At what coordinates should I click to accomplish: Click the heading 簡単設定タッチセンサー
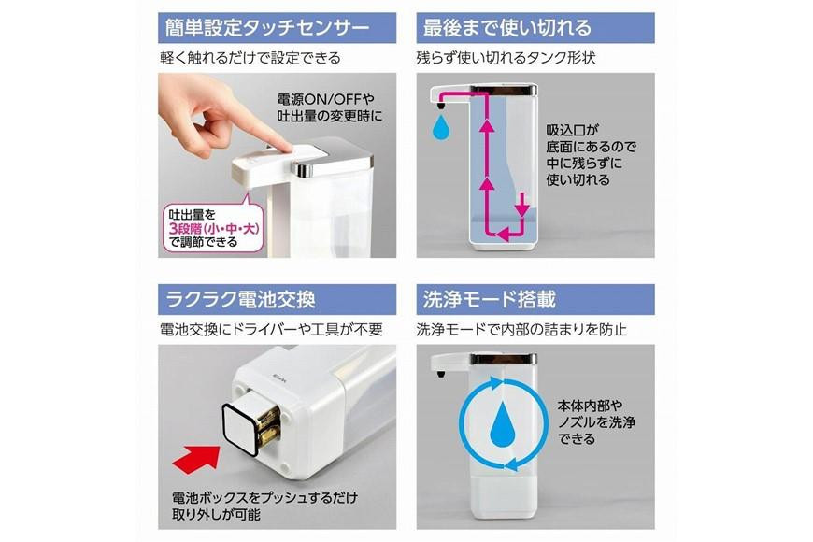click(267, 27)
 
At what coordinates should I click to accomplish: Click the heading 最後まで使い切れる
click(506, 27)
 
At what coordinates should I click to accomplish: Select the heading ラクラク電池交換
click(240, 299)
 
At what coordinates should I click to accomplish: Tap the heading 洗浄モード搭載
click(490, 299)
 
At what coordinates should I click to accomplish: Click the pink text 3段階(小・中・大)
click(214, 228)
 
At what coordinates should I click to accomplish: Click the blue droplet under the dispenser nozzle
click(441, 126)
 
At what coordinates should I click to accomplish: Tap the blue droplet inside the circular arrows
click(505, 422)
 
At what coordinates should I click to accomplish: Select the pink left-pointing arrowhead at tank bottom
click(503, 235)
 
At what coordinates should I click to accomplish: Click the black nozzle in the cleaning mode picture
click(440, 375)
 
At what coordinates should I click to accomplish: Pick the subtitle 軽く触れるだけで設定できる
click(250, 58)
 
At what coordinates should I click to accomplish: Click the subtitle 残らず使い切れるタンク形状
click(506, 58)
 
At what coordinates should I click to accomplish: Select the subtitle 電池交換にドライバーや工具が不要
click(271, 329)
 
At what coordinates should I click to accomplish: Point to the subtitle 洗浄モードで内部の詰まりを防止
click(521, 329)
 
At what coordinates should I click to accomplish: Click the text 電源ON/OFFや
click(325, 99)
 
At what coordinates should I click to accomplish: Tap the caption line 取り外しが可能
click(216, 515)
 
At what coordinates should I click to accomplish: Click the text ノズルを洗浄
click(596, 422)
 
